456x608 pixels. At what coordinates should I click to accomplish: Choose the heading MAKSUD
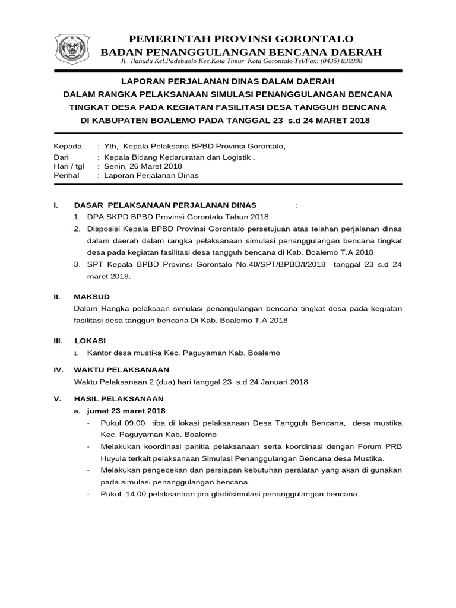pyautogui.click(x=91, y=296)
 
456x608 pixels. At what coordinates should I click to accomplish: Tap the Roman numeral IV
pyautogui.click(x=59, y=369)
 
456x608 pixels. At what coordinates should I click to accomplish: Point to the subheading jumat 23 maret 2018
pyautogui.click(x=126, y=411)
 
